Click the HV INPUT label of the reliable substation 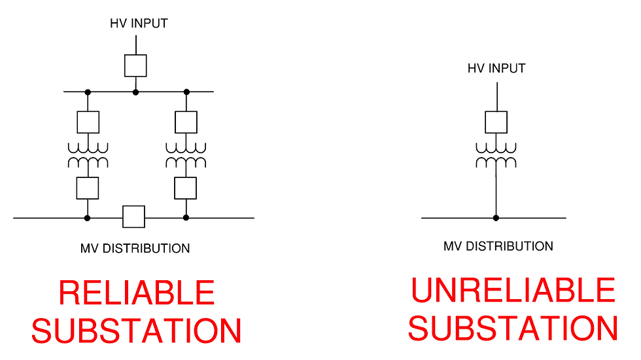coord(138,24)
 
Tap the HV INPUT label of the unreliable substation coord(496,68)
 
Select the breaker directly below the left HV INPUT coord(135,65)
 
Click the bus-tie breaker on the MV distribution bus coord(133,217)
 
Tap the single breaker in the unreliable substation coord(496,122)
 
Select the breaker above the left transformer coord(88,122)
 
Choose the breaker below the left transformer coord(88,188)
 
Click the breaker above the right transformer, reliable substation coord(186,122)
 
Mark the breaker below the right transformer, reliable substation coord(186,188)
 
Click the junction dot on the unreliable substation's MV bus coord(496,217)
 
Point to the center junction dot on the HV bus coord(135,92)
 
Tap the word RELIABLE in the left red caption coord(137,293)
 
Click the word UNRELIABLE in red coord(513,291)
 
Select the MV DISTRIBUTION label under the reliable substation coord(135,249)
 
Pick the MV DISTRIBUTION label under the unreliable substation coord(498,247)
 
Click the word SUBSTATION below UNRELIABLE coord(513,328)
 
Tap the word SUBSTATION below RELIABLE coord(137,331)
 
